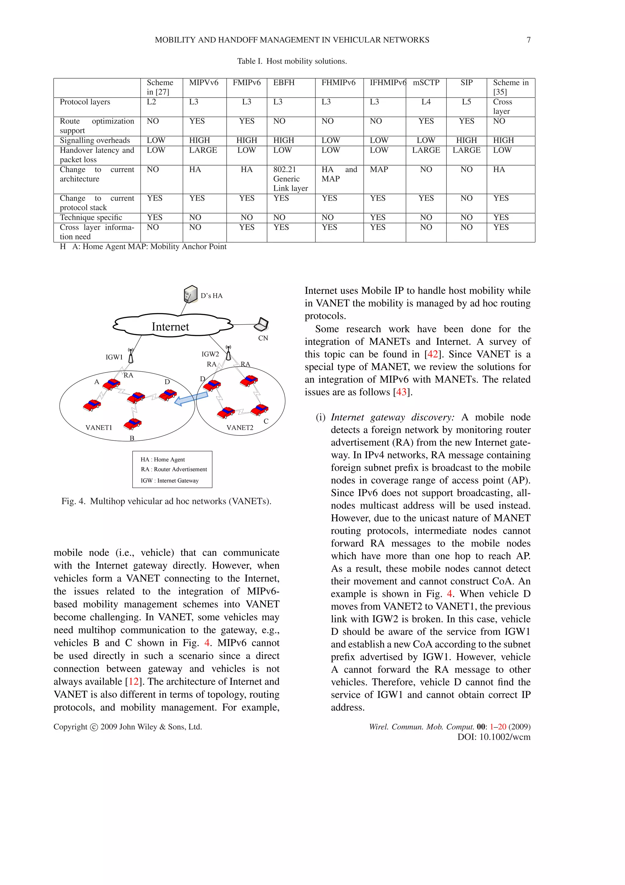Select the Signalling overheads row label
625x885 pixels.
pyautogui.click(x=95, y=140)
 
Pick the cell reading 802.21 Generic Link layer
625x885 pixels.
pyautogui.click(x=290, y=179)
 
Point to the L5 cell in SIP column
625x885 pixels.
pyautogui.click(x=466, y=102)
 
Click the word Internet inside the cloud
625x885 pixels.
pyautogui.click(x=170, y=326)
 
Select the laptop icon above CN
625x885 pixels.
pyautogui.click(x=262, y=324)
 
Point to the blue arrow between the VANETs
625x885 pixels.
pyautogui.click(x=191, y=399)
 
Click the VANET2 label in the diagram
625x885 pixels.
pyautogui.click(x=240, y=428)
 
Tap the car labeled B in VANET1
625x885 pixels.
pyautogui.click(x=132, y=424)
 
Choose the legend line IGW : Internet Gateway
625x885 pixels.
pyautogui.click(x=169, y=480)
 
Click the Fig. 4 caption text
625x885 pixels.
pyautogui.click(x=166, y=501)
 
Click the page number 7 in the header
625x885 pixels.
pyautogui.click(x=528, y=40)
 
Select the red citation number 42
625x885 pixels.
pyautogui.click(x=432, y=354)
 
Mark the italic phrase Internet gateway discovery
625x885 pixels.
pyautogui.click(x=392, y=417)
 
